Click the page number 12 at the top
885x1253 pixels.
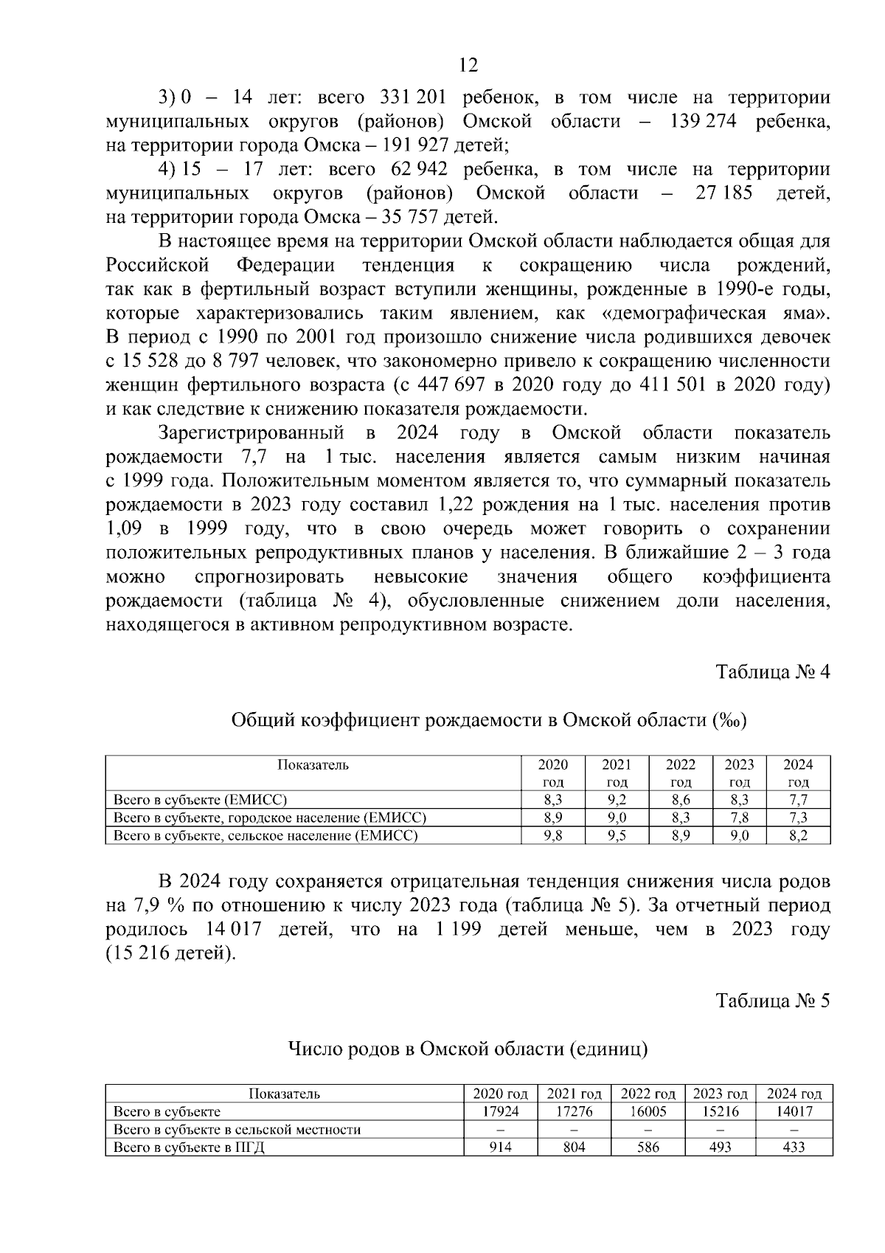[x=468, y=65]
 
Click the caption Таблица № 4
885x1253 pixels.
[x=773, y=672]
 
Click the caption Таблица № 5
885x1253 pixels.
[x=773, y=1000]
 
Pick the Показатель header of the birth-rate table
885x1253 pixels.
[x=313, y=764]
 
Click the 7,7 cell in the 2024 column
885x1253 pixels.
[x=798, y=800]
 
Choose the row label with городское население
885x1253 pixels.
[x=269, y=818]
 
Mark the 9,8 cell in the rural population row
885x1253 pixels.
[x=553, y=835]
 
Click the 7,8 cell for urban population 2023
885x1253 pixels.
[x=739, y=818]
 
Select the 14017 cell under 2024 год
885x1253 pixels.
[x=794, y=1111]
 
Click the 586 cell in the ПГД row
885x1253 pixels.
[x=648, y=1147]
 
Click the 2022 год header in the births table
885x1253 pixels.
[x=648, y=1094]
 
